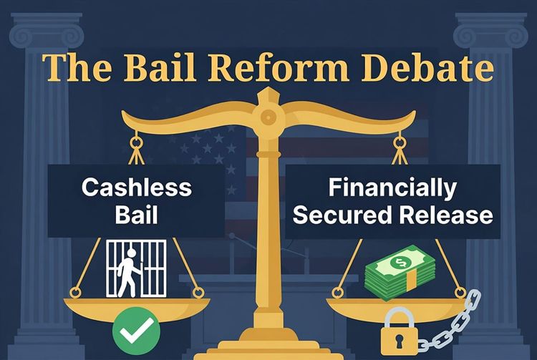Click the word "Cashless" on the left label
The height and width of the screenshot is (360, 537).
pos(136,188)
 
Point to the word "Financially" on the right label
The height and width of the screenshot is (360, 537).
pos(392,188)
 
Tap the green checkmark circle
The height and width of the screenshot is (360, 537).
pos(135,330)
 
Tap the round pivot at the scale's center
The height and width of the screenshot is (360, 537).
pos(267,117)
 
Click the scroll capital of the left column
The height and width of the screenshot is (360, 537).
pos(44,32)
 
